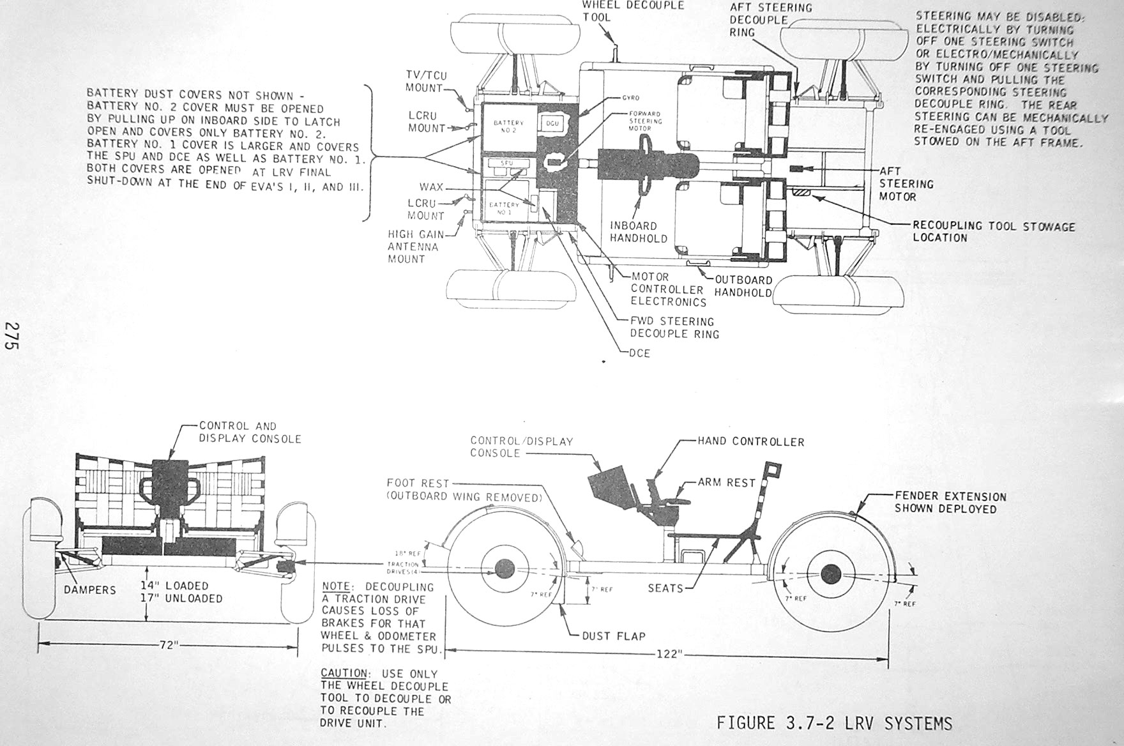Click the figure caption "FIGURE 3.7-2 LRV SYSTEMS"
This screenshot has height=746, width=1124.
click(834, 723)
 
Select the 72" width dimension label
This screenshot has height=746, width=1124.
click(167, 646)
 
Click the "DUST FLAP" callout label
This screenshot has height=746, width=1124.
click(613, 636)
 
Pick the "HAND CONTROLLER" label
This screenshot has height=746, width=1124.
click(750, 441)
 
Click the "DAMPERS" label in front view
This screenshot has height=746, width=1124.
click(89, 590)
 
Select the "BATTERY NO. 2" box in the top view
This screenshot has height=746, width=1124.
click(508, 126)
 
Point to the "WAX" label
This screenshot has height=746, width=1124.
click(432, 188)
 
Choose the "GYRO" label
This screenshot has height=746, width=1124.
click(630, 98)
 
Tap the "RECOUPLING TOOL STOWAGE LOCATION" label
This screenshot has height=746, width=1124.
click(993, 232)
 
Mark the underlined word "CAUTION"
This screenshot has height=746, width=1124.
click(343, 673)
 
